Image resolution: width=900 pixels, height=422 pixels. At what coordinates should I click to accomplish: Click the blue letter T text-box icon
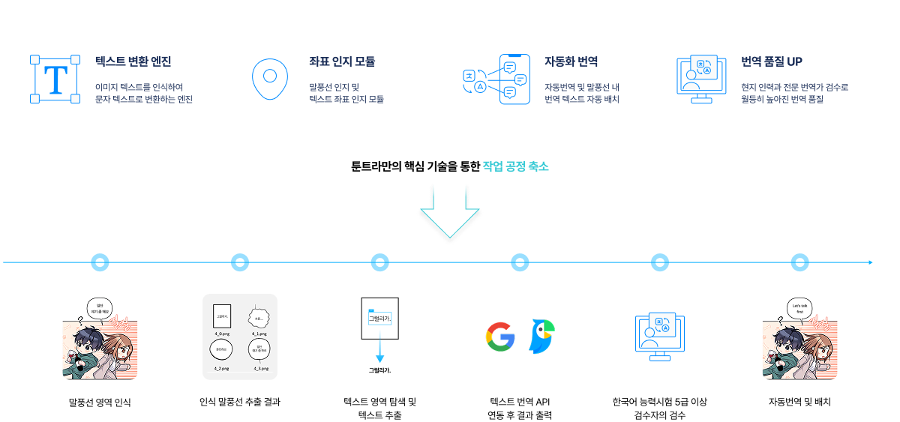(55, 79)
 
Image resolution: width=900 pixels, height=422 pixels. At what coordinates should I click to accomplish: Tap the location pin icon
(270, 78)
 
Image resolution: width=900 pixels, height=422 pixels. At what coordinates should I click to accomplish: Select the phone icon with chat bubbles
(510, 78)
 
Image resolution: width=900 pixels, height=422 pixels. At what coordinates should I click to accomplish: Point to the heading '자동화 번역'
(571, 61)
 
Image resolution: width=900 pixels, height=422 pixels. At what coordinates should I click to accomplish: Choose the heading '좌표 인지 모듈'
(342, 61)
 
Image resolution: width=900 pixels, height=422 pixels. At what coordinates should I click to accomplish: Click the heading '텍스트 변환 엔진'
(133, 61)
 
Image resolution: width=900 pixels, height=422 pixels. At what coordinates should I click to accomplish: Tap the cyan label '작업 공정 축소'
(515, 166)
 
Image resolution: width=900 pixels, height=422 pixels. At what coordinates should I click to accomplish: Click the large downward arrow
(449, 214)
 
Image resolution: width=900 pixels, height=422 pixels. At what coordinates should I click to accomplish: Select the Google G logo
(500, 337)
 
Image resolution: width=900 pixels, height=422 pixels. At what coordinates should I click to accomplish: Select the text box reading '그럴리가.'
(380, 319)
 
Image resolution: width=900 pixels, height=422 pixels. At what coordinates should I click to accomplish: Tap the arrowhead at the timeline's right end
(870, 262)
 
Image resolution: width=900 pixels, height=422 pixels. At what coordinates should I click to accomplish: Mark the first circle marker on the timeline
(100, 262)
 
